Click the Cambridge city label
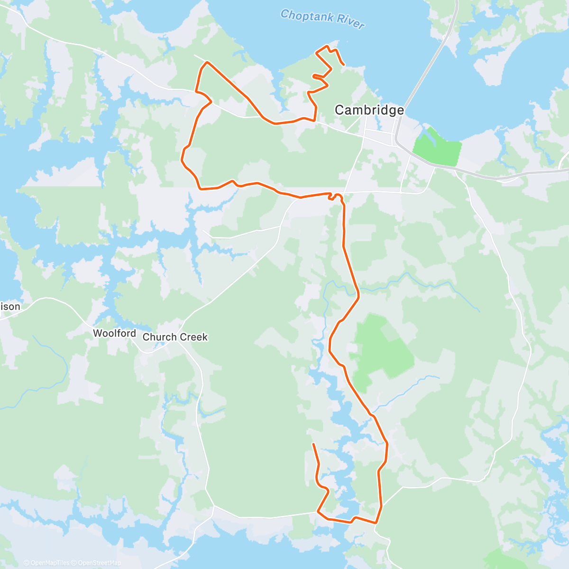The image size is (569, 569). pos(369,110)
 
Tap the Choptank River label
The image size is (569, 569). pos(322,19)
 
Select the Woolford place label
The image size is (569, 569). pos(114,333)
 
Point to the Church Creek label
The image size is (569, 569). pos(175,337)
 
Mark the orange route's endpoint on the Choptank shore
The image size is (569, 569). pos(343,64)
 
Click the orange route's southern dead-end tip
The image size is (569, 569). pos(313,444)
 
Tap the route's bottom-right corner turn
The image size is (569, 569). pos(376,523)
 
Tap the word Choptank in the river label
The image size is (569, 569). pos(307,17)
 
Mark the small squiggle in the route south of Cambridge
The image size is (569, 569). pos(336,196)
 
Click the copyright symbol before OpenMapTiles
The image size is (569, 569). pos(27,563)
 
